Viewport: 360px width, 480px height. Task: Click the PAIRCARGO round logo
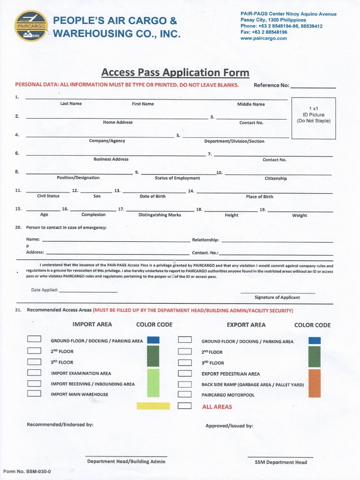(x=31, y=26)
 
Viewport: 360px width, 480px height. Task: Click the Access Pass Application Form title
(x=175, y=73)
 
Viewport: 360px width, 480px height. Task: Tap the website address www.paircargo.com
(x=263, y=38)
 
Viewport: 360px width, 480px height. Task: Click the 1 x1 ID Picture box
(x=314, y=118)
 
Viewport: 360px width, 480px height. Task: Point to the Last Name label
(x=71, y=104)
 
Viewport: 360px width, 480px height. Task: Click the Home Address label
(x=118, y=122)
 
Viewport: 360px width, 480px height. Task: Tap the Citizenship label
(x=276, y=179)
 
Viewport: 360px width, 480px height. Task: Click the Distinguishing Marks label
(x=159, y=215)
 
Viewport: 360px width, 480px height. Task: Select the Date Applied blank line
(x=88, y=290)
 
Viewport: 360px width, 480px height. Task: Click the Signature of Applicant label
(x=277, y=298)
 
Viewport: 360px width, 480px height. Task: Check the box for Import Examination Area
(x=34, y=373)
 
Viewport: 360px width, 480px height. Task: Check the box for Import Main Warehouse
(x=34, y=394)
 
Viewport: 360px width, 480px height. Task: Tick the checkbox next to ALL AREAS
(x=185, y=406)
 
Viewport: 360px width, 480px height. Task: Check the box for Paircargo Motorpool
(x=185, y=395)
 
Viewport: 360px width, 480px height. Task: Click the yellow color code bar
(x=153, y=406)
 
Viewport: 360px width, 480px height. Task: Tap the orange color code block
(x=315, y=383)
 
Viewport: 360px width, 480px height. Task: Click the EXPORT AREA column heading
(x=246, y=325)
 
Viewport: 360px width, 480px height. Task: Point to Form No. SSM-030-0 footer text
(x=27, y=471)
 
